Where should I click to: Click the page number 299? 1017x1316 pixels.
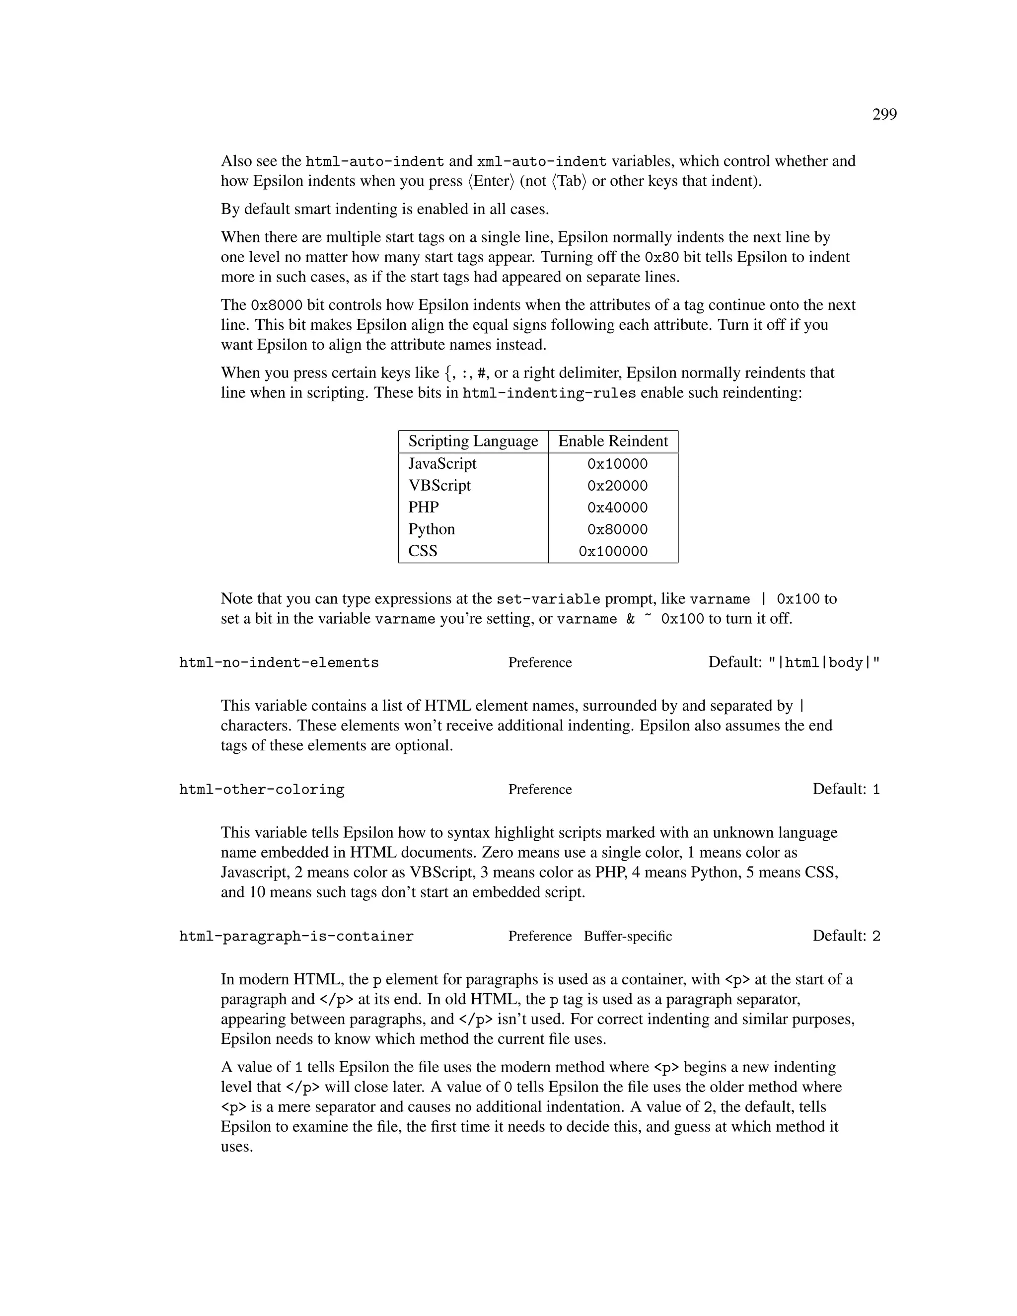point(884,115)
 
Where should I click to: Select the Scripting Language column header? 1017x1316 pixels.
point(473,441)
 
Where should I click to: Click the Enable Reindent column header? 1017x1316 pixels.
point(613,441)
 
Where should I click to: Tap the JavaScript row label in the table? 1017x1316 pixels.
point(442,463)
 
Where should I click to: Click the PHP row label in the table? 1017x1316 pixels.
point(424,508)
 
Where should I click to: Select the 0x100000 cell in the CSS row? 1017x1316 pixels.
point(613,551)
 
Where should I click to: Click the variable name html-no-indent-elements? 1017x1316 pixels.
point(279,663)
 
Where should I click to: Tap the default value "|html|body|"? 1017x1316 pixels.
point(824,663)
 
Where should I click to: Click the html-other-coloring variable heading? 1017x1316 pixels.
point(262,790)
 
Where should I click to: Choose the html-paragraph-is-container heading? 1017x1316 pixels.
point(296,937)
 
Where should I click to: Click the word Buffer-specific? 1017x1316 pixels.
point(627,937)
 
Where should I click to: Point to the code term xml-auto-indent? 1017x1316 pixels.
point(541,161)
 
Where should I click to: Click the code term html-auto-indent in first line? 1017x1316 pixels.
point(375,161)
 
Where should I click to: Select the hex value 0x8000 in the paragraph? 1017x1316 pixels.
point(276,305)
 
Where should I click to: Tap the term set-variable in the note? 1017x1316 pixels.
point(548,599)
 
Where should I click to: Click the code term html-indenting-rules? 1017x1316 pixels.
point(549,393)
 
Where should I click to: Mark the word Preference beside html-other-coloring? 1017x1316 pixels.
point(539,790)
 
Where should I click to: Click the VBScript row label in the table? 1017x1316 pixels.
point(439,486)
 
